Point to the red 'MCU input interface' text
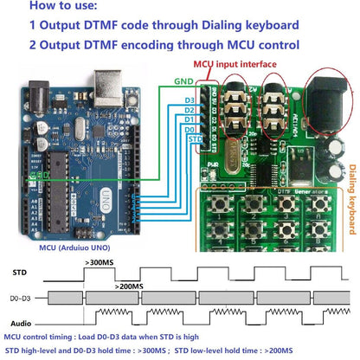tap(235, 64)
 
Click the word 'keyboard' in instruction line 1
tap(264, 26)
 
